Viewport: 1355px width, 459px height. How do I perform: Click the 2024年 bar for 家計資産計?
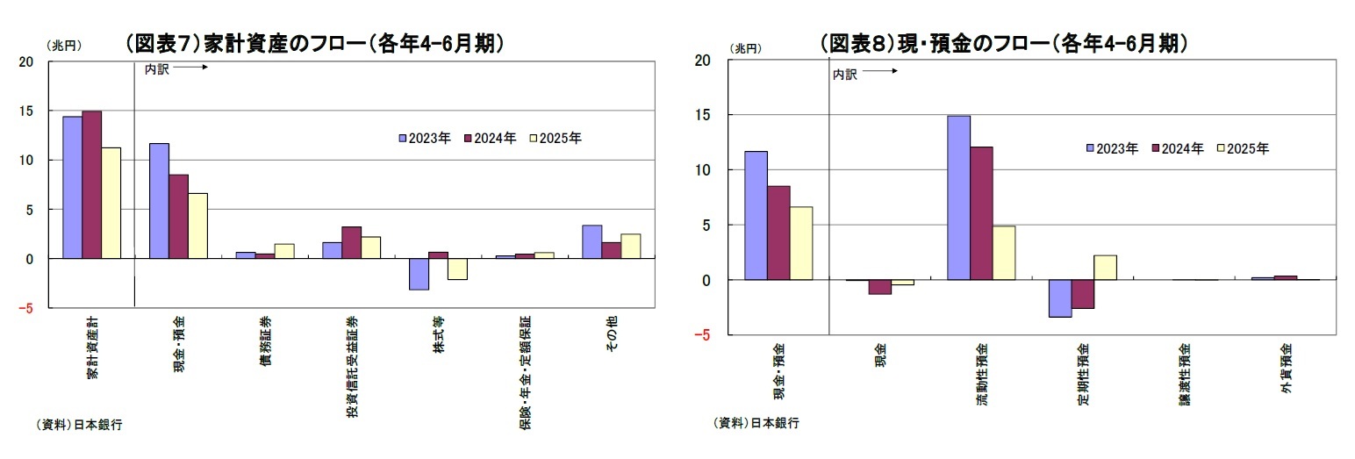pyautogui.click(x=92, y=184)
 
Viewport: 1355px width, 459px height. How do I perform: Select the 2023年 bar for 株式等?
pyautogui.click(x=419, y=274)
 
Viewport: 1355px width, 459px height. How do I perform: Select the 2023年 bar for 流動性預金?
pyautogui.click(x=959, y=197)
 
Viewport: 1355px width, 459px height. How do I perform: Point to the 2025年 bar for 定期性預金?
pyautogui.click(x=1106, y=268)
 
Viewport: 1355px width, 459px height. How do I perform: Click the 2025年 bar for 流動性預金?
pyautogui.click(x=1004, y=253)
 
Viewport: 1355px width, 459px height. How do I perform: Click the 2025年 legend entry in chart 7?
pyautogui.click(x=556, y=138)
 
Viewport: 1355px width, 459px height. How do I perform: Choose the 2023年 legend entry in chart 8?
pyautogui.click(x=1111, y=149)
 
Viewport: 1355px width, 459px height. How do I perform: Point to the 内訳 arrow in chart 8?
pyautogui.click(x=881, y=72)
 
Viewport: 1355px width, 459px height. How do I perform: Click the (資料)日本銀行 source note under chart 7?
pyautogui.click(x=79, y=425)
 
